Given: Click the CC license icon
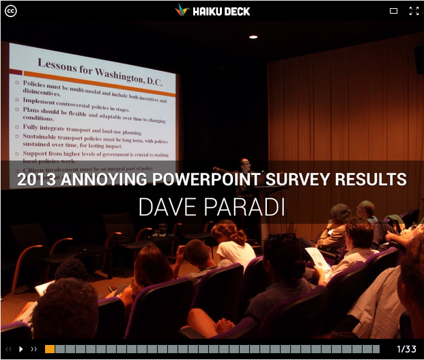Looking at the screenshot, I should pos(10,10).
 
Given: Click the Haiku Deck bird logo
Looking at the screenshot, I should pos(181,10).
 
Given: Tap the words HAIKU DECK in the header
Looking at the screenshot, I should pos(221,11).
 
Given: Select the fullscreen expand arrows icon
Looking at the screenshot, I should pos(413,11).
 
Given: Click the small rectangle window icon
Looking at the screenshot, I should pos(393,11).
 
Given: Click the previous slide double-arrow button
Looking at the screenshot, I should pos(9,349).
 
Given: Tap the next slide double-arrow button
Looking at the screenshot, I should pos(34,349).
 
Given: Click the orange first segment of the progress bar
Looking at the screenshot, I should pos(50,349).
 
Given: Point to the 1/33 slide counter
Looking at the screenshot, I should pos(406,349).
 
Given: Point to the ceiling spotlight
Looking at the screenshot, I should pos(253,37).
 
